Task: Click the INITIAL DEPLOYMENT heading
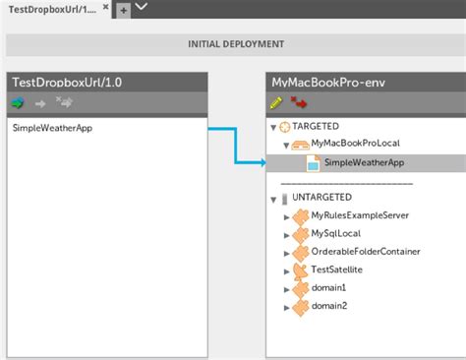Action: [236, 44]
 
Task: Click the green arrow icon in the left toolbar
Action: [18, 102]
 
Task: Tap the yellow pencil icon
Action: [276, 102]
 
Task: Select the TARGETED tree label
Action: [317, 126]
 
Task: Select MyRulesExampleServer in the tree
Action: [366, 214]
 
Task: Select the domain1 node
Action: [329, 288]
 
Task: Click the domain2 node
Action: [329, 306]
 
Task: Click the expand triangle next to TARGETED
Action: [272, 127]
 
